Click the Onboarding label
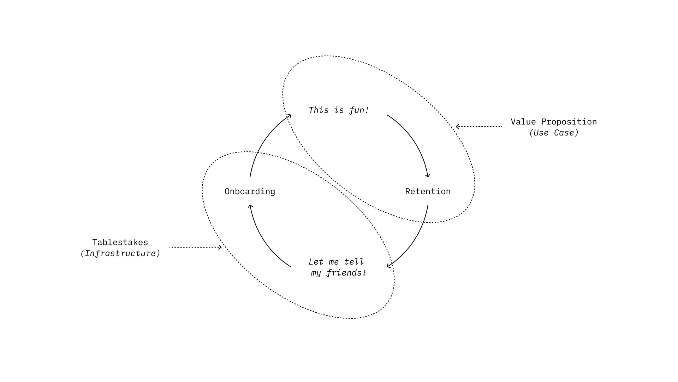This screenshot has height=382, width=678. pos(250,191)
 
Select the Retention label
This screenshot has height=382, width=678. pos(428,191)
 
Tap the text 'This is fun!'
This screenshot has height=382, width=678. pos(339,110)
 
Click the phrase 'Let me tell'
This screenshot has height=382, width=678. pos(336,262)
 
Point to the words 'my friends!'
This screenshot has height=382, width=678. pos(339,273)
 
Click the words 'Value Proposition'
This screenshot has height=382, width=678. pos(554,122)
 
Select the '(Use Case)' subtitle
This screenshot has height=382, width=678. pos(554,133)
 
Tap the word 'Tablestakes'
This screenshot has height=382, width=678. pos(120,242)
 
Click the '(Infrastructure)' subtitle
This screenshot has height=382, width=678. pos(120,254)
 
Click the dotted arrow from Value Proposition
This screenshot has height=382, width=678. pos(479,127)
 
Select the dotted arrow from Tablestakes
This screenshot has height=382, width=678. pos(196,247)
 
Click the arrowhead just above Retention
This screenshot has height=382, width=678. pos(428,175)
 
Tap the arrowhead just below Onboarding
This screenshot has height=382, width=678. pos(250,207)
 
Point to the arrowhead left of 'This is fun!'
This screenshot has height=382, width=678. pos(289,116)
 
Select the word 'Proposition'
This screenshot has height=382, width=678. pos(569,122)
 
